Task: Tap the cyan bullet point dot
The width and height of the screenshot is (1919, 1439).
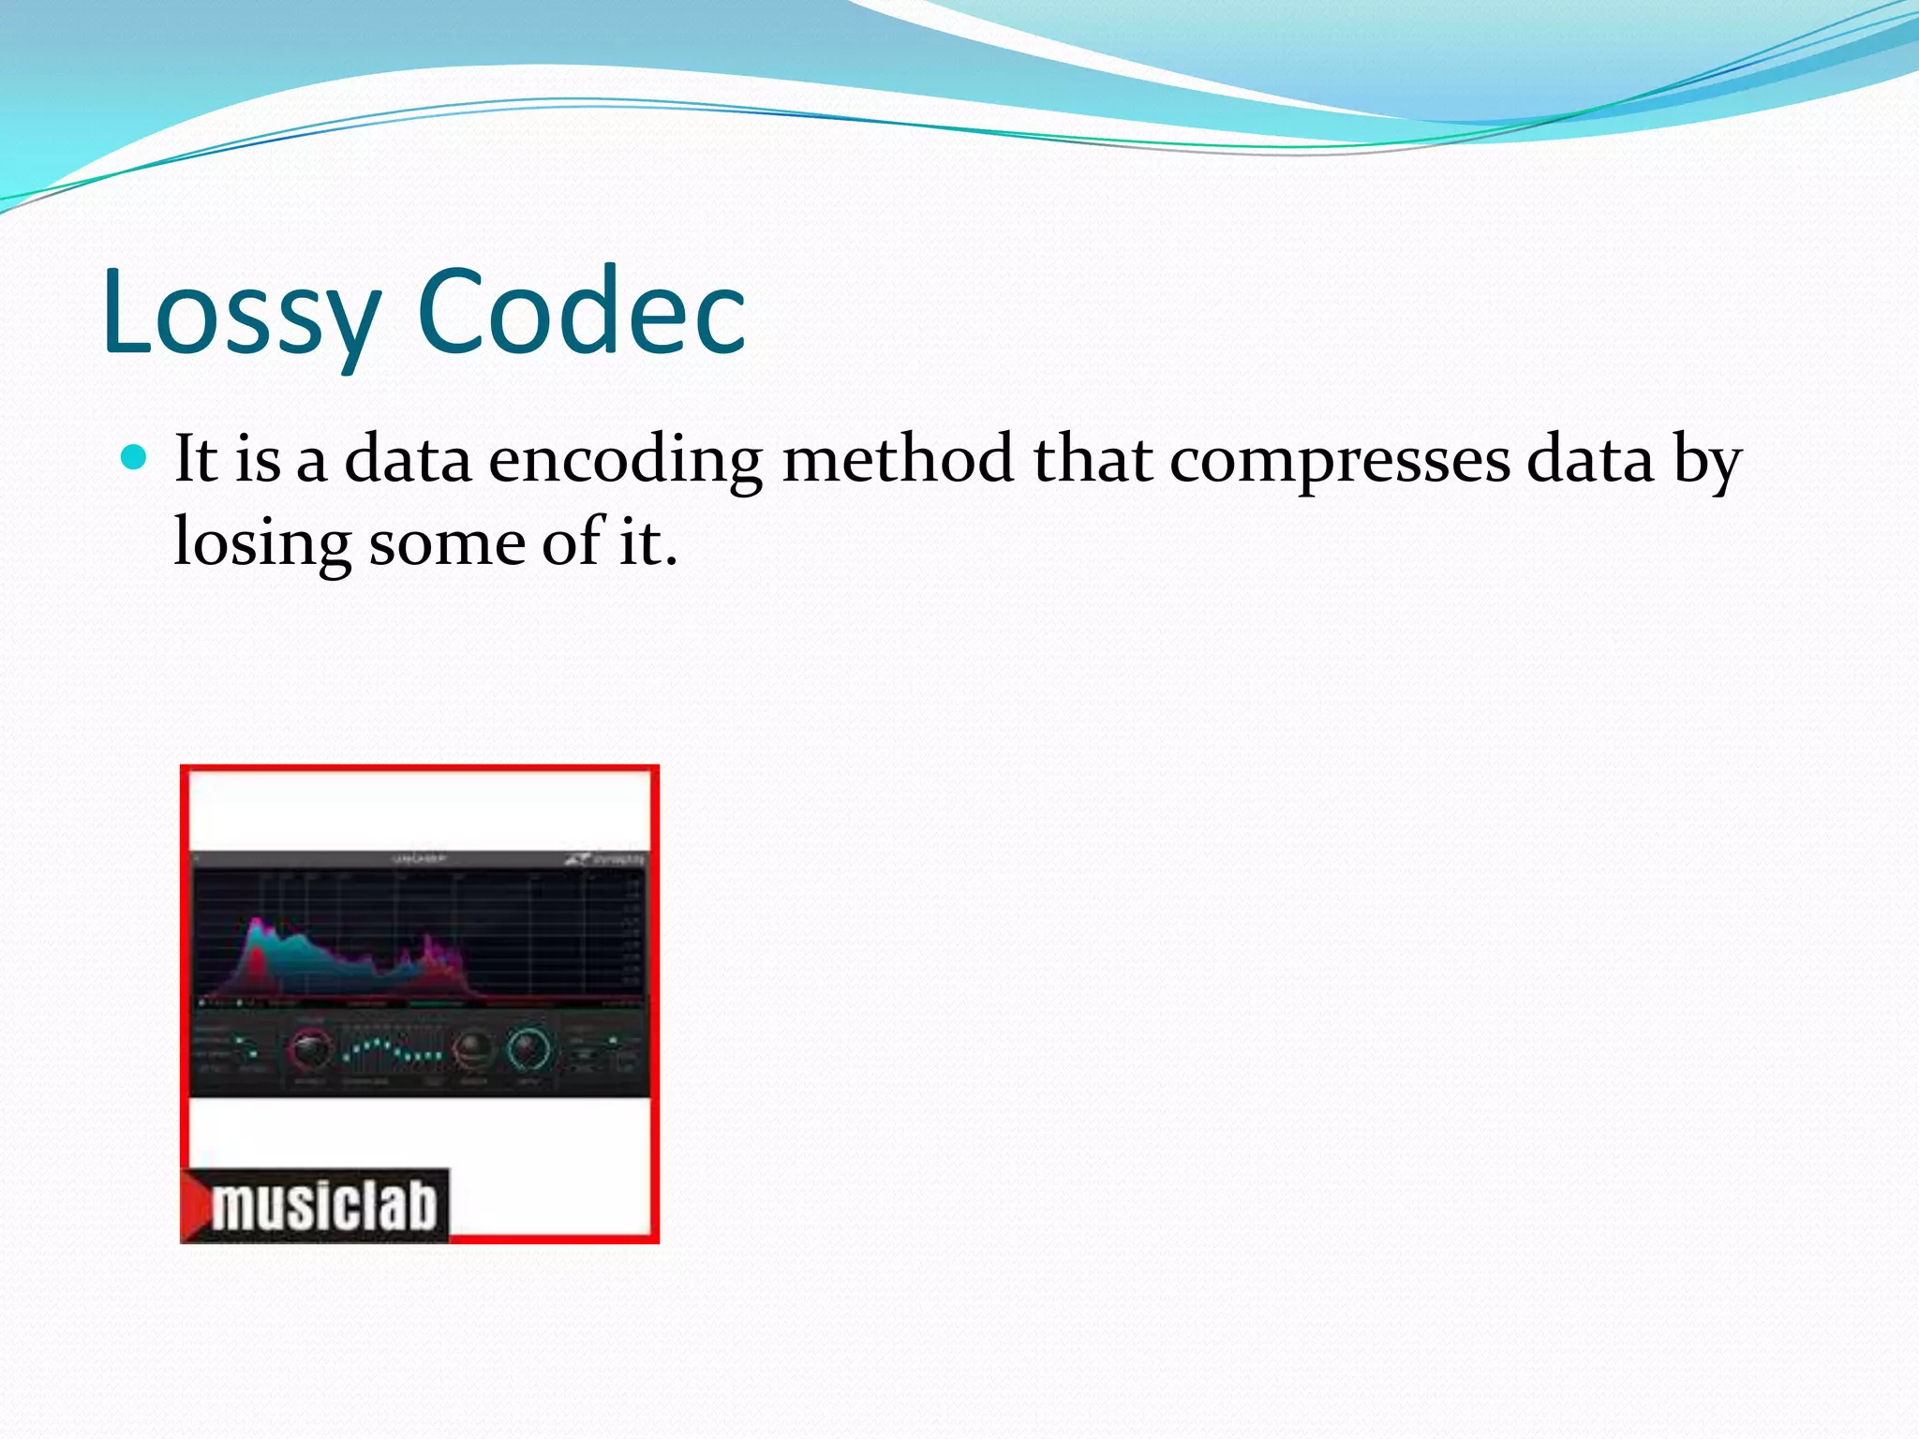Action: pos(136,457)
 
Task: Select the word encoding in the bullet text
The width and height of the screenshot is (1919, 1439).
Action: pos(625,461)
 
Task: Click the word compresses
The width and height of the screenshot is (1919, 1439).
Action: pos(1340,461)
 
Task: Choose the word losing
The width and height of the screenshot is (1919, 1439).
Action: pos(261,543)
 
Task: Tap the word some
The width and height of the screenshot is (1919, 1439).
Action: pos(446,543)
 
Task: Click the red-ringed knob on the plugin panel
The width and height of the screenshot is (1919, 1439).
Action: pos(310,1050)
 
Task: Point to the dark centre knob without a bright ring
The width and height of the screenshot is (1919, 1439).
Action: pos(473,1050)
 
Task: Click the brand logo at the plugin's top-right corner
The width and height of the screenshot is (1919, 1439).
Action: pos(605,858)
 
